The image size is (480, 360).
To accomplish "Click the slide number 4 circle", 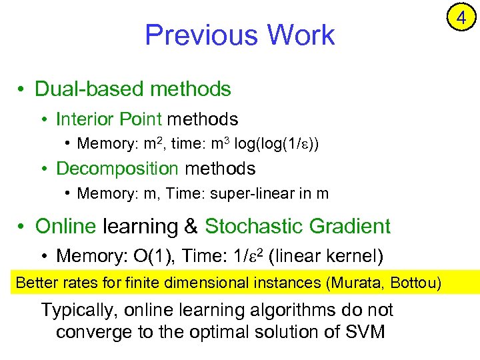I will pos(461,19).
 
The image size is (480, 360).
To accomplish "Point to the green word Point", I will pos(137,119).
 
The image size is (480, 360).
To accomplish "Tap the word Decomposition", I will pos(117,169).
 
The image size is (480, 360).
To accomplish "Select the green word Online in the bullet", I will pos(65,227).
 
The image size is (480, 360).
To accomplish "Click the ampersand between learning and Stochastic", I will pos(191,227).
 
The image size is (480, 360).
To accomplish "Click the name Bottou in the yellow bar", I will pos(414,283).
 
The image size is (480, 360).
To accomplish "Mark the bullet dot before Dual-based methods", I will pos(22,90).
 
